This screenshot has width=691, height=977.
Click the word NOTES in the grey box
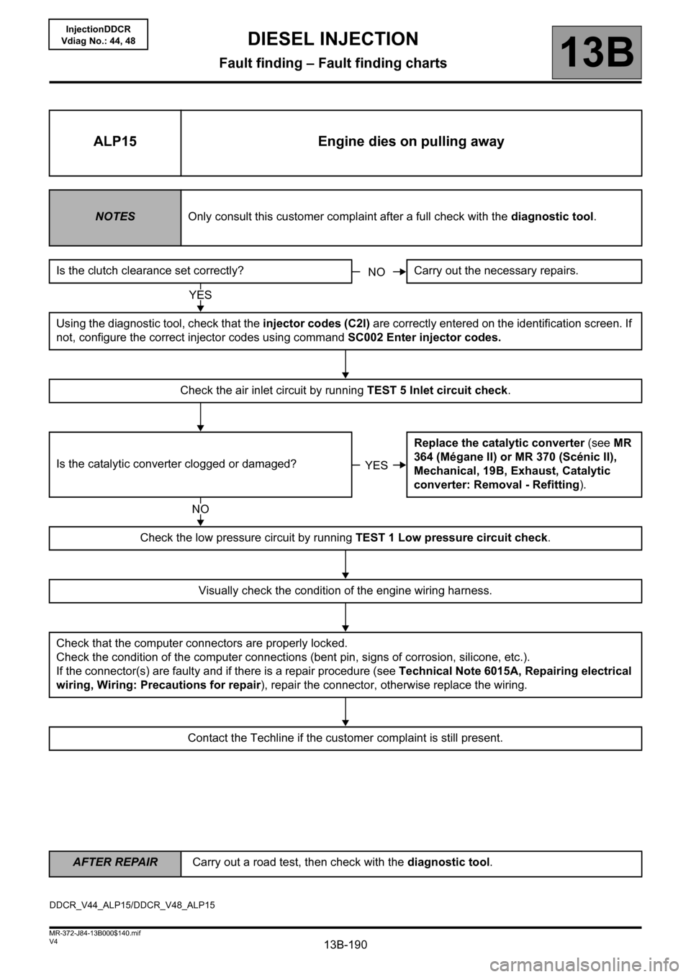(x=115, y=217)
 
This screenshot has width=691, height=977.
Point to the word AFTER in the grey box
(x=90, y=862)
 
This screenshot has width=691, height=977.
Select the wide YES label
(x=200, y=294)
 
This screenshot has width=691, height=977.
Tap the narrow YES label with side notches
(x=376, y=465)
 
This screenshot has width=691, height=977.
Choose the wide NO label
(x=200, y=509)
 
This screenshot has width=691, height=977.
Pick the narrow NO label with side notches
(x=376, y=272)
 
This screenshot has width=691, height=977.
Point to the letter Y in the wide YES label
(x=193, y=294)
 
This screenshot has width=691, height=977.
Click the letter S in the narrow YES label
(x=384, y=465)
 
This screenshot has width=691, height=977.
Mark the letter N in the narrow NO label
(x=372, y=272)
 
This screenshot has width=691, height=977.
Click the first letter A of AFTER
(x=77, y=862)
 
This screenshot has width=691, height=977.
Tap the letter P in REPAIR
(x=132, y=862)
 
